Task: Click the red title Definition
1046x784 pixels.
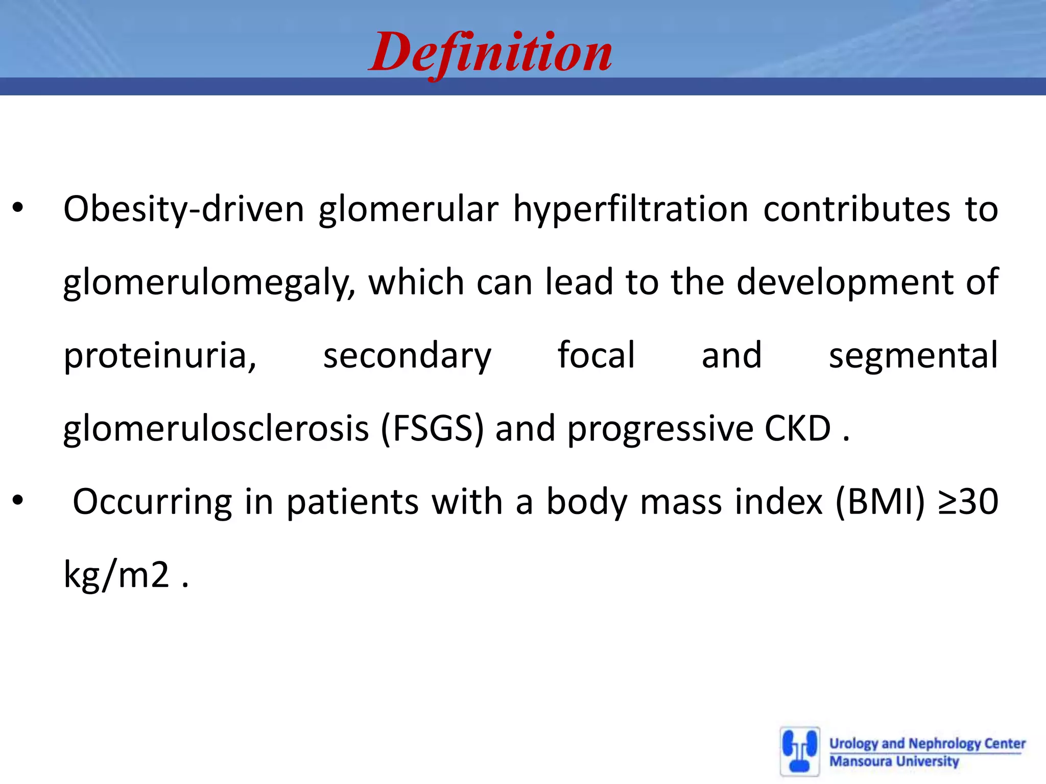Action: [490, 53]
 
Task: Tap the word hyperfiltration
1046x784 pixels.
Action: [630, 209]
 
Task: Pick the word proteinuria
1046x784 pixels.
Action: [159, 356]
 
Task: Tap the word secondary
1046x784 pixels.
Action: [407, 356]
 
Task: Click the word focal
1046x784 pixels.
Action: [596, 355]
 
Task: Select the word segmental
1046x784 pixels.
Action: [913, 356]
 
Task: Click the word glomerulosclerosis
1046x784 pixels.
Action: [216, 429]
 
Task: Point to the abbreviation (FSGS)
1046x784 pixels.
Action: [432, 429]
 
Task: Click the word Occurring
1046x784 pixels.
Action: [152, 502]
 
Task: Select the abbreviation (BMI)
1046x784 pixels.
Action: [880, 502]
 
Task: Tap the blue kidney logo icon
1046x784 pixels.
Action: [800, 751]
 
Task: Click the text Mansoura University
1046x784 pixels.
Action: [894, 762]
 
